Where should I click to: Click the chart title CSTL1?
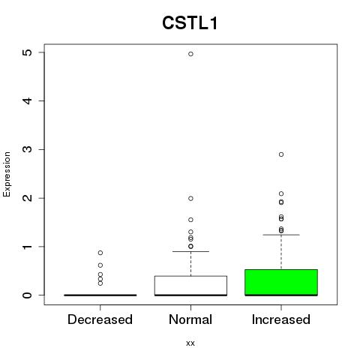tap(190, 23)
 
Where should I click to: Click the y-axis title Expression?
tap(7, 174)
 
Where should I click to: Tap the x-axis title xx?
tap(190, 343)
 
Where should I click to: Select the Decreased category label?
tap(100, 319)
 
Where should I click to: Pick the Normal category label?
tap(190, 319)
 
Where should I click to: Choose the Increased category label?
tap(281, 319)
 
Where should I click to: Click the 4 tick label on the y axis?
tap(28, 100)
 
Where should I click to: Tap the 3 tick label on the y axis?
tap(28, 149)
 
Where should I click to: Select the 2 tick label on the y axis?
tap(28, 198)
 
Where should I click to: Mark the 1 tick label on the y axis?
tap(28, 247)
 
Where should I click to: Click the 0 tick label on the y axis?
tap(28, 295)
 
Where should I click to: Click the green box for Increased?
tap(281, 283)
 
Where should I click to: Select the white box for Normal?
tap(190, 286)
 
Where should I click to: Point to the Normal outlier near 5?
tap(190, 54)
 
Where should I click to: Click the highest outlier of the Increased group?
tap(281, 154)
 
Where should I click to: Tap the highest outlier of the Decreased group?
tap(100, 253)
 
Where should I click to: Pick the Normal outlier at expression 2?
tap(190, 199)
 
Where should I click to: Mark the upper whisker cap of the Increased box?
tap(281, 235)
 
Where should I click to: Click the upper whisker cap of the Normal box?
tap(190, 251)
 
